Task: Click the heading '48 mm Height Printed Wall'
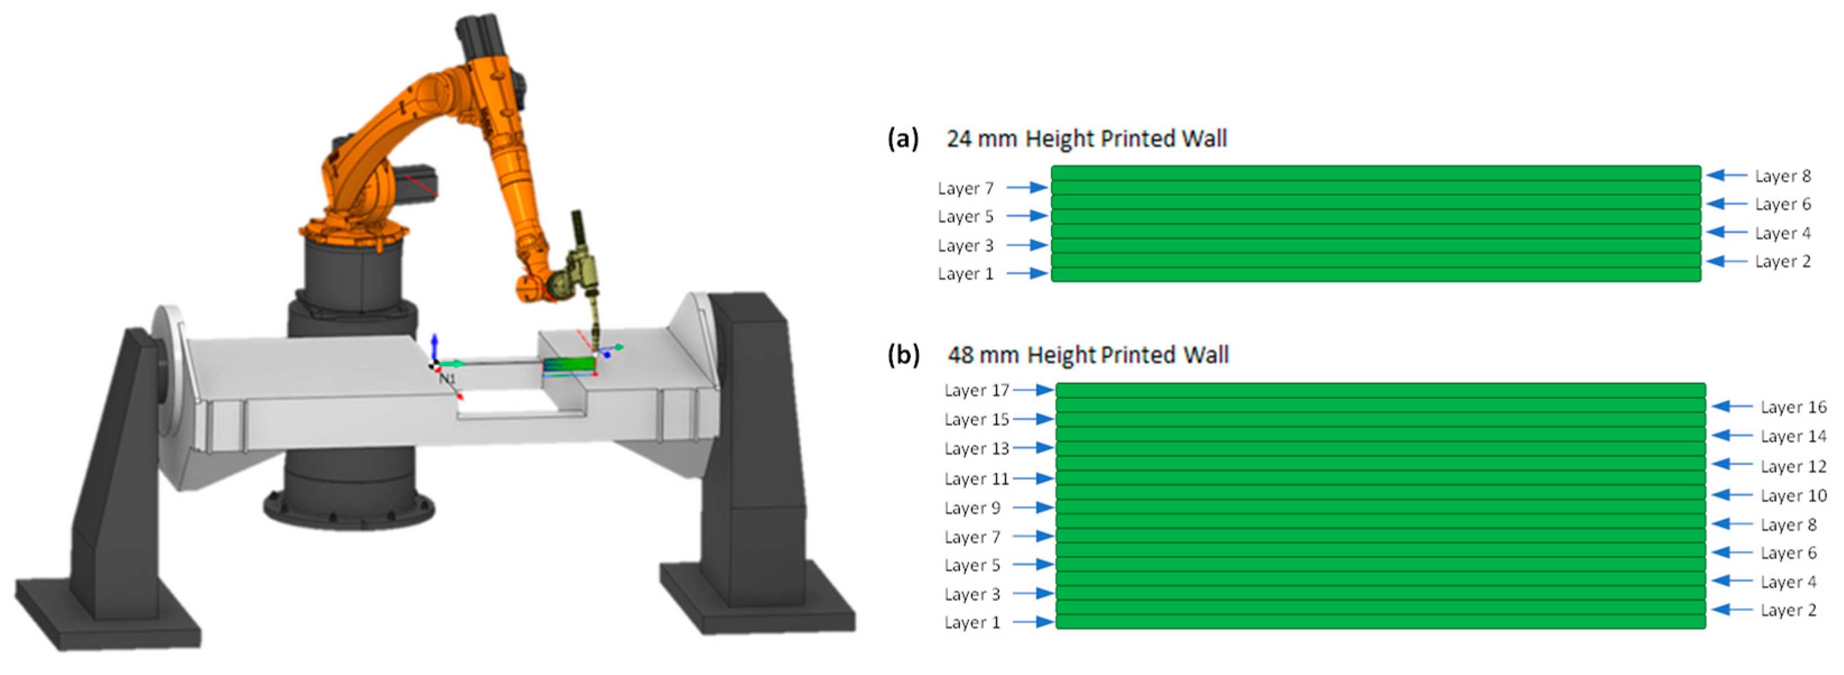click(x=1088, y=355)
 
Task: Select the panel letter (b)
click(x=903, y=355)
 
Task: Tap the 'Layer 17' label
click(x=976, y=391)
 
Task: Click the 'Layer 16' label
click(x=1793, y=407)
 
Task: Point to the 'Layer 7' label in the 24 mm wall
click(x=966, y=188)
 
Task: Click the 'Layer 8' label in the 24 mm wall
click(x=1782, y=176)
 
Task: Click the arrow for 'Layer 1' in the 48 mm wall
click(x=1033, y=622)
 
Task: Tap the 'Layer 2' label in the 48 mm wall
click(x=1788, y=611)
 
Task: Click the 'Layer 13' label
click(x=976, y=449)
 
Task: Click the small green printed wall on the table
click(x=569, y=365)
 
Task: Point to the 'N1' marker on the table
click(x=447, y=378)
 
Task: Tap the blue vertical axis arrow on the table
click(x=434, y=347)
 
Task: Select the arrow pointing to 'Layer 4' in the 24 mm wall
click(x=1725, y=233)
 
